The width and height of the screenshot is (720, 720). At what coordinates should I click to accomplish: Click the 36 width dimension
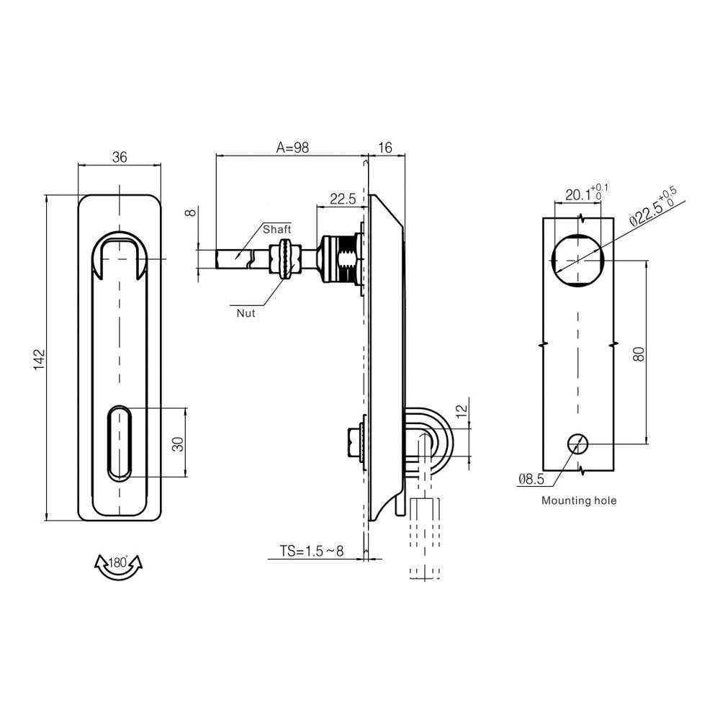(x=120, y=158)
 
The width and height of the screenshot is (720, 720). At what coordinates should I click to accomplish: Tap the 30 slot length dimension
(x=178, y=443)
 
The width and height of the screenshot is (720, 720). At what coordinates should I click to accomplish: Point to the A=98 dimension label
(x=292, y=148)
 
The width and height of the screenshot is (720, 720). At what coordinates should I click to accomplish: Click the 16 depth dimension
(x=384, y=148)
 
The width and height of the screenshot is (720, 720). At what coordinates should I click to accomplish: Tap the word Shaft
(x=276, y=229)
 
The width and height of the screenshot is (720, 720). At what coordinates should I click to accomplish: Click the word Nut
(x=246, y=312)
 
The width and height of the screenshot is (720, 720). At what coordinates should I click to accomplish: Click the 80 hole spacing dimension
(x=639, y=353)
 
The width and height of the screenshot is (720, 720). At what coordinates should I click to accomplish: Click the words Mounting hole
(x=579, y=500)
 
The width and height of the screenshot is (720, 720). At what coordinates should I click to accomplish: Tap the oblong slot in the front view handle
(x=120, y=443)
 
